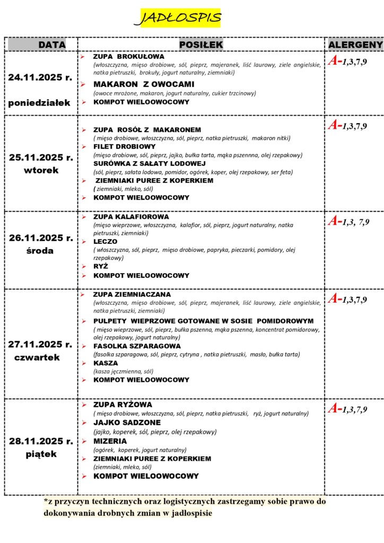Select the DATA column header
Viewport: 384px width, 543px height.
click(52, 45)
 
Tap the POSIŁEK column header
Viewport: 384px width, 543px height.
click(201, 45)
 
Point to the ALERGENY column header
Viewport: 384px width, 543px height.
click(355, 45)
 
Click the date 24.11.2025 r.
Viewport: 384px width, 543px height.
click(40, 77)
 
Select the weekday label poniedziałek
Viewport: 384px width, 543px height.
click(39, 103)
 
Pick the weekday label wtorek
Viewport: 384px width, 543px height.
click(41, 171)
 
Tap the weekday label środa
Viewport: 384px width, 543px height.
click(40, 251)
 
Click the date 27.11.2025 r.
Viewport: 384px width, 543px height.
click(40, 344)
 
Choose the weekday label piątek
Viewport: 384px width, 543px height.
click(41, 454)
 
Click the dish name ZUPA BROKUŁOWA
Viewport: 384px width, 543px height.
click(129, 56)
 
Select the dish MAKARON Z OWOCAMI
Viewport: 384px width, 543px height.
click(144, 84)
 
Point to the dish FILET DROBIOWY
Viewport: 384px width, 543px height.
click(124, 146)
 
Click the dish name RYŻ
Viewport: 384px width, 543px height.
click(101, 267)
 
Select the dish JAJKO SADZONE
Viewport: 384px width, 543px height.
click(128, 423)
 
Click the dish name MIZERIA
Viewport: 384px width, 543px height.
click(110, 441)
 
